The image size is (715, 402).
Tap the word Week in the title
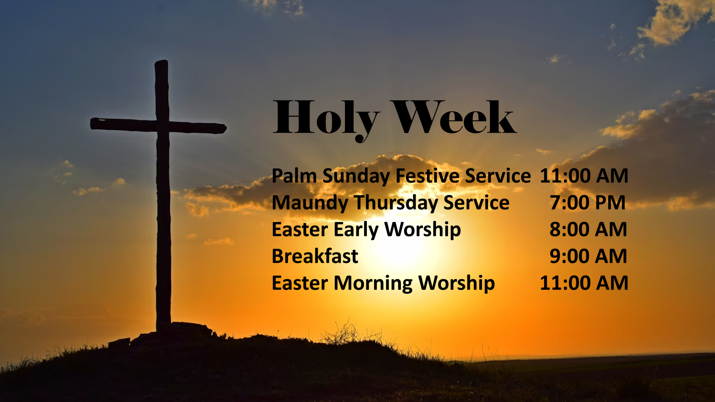tap(454, 117)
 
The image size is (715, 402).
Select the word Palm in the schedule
tap(294, 176)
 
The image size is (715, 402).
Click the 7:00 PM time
tap(588, 202)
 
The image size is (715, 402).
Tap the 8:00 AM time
tap(588, 229)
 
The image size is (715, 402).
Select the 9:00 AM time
tap(588, 256)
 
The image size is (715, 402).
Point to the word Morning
tap(373, 284)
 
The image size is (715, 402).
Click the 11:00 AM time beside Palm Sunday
tap(584, 176)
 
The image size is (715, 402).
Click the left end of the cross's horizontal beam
tap(91, 123)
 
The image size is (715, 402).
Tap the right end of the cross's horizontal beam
tap(226, 128)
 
